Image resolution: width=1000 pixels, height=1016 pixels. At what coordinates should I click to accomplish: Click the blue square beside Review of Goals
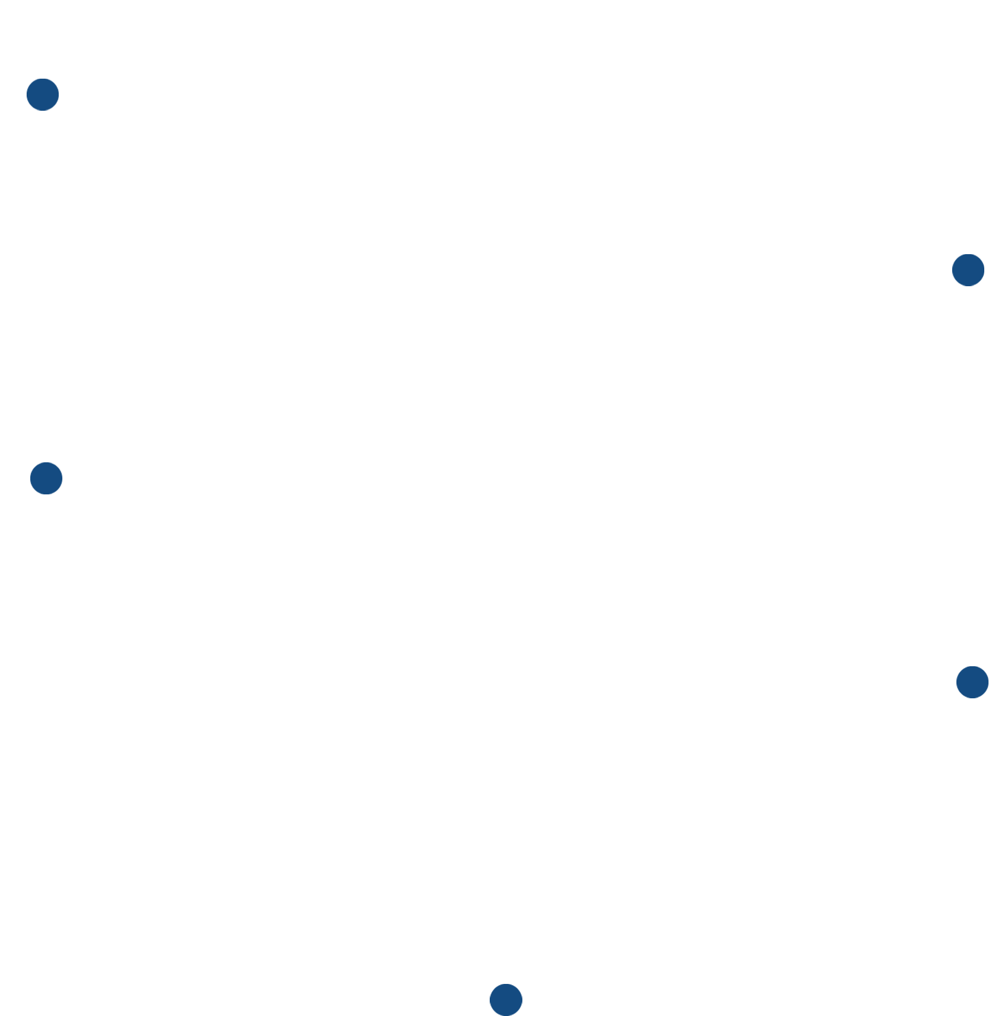click(x=42, y=94)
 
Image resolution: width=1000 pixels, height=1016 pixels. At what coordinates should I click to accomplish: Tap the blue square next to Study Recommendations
click(x=968, y=270)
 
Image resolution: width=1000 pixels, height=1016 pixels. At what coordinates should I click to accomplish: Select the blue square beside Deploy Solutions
click(x=46, y=478)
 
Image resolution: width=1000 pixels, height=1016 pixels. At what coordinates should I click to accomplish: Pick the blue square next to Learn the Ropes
click(x=972, y=682)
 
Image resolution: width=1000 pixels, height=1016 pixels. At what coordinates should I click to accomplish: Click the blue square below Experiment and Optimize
click(x=505, y=1000)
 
